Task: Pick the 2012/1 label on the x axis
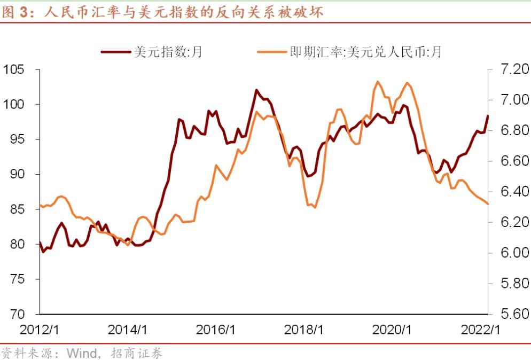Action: click(x=40, y=330)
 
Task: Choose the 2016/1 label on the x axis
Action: click(x=215, y=330)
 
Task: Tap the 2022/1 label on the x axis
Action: click(x=480, y=330)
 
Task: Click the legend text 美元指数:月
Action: click(x=168, y=52)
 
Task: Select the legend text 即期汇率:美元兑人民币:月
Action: click(x=366, y=52)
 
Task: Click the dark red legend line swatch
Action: click(x=116, y=52)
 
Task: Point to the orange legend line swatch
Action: click(x=271, y=52)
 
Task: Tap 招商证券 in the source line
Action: click(x=136, y=353)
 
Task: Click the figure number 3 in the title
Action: click(x=23, y=12)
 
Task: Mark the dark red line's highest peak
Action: click(x=256, y=90)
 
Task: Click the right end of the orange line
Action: click(x=488, y=204)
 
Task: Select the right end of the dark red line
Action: click(x=488, y=116)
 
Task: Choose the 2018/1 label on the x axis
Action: click(x=304, y=330)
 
